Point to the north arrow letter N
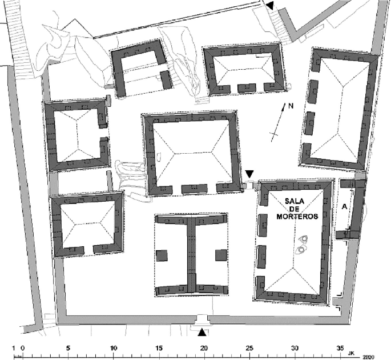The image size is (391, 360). pyautogui.click(x=291, y=107)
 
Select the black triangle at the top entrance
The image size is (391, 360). pyautogui.click(x=270, y=6)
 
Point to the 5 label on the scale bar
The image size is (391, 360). pyautogui.click(x=68, y=348)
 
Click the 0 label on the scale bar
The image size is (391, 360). pyautogui.click(x=23, y=348)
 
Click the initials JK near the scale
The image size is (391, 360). pyautogui.click(x=358, y=349)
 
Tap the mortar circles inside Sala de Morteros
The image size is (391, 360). pyautogui.click(x=302, y=245)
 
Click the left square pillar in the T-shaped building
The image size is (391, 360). pyautogui.click(x=163, y=255)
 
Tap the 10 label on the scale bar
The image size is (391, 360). pyautogui.click(x=114, y=348)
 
